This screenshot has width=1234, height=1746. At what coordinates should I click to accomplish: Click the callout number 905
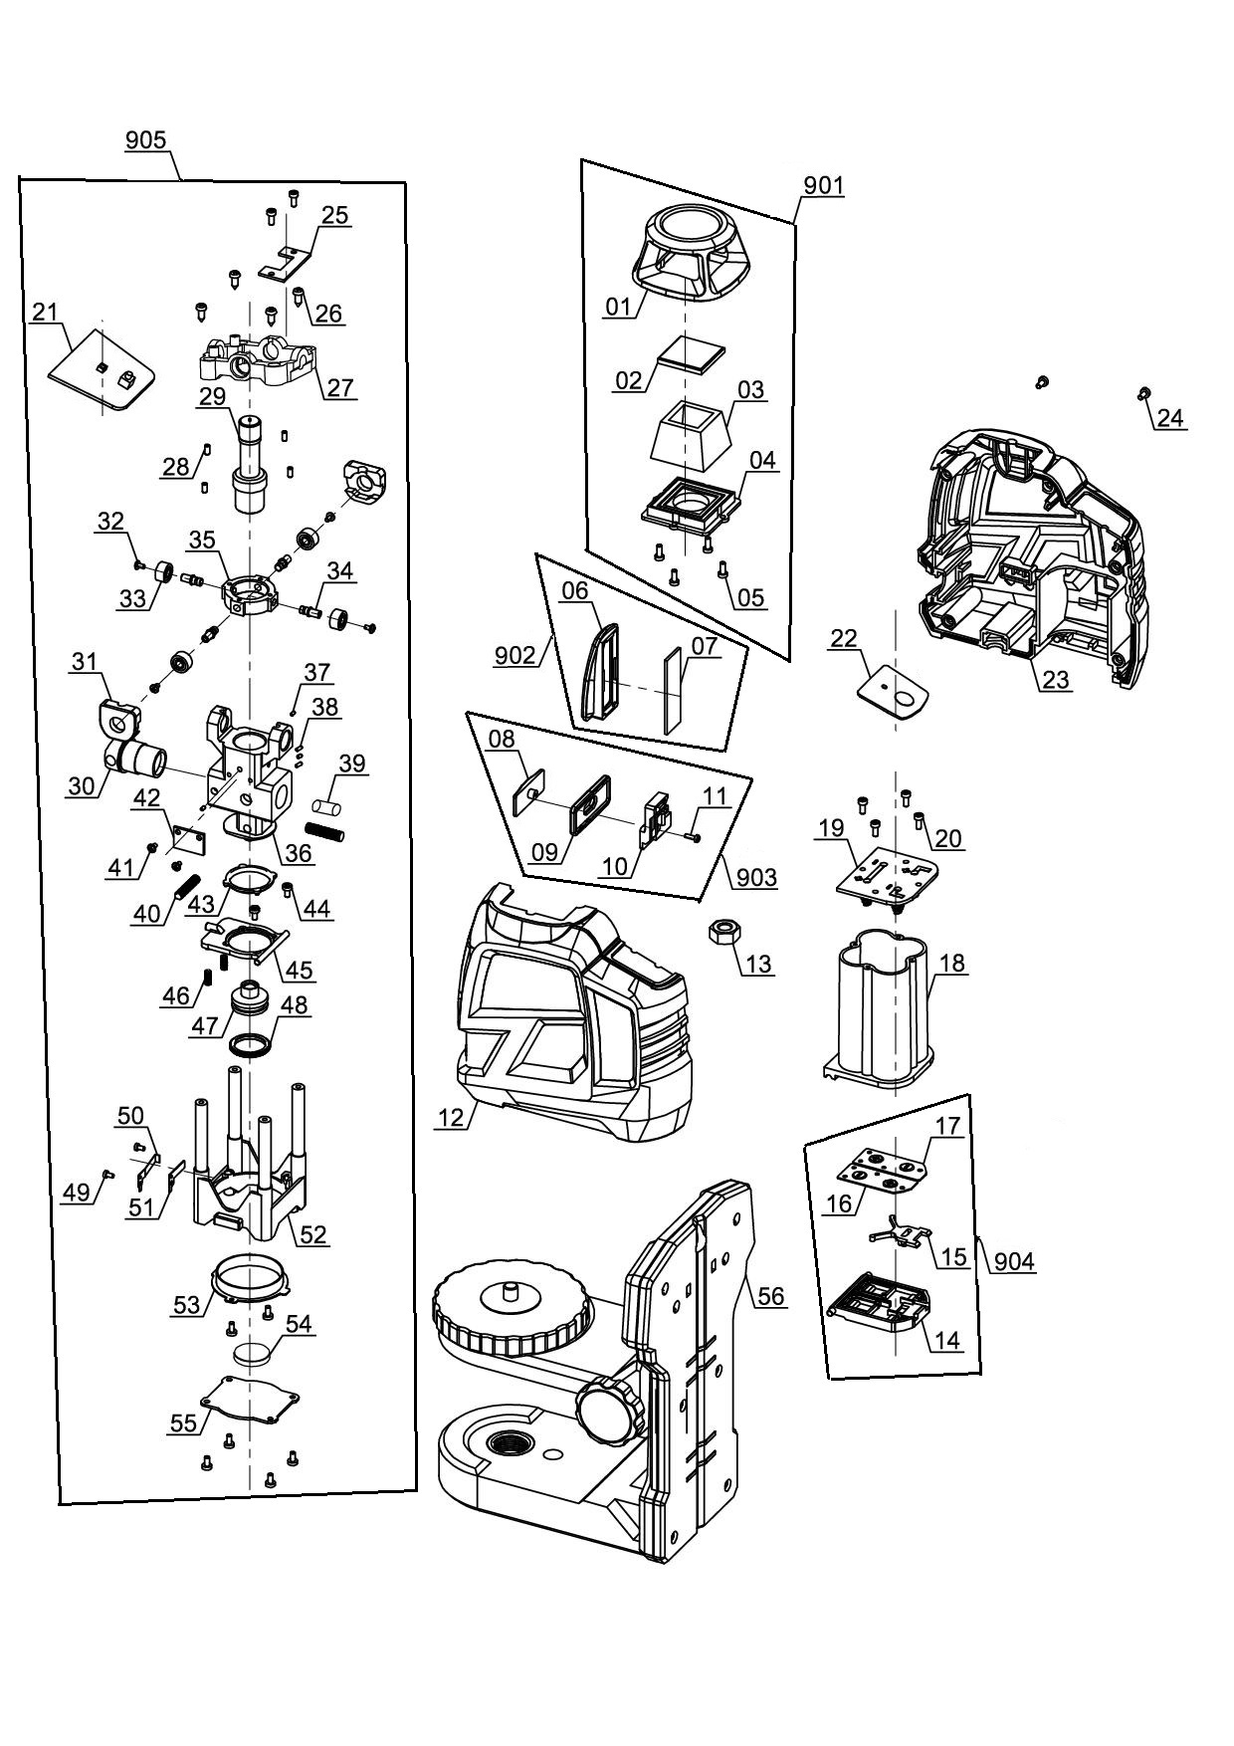pyautogui.click(x=145, y=140)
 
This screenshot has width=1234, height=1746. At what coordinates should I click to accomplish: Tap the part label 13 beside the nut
pyautogui.click(x=758, y=964)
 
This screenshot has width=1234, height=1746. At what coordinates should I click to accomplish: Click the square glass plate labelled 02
pyautogui.click(x=693, y=352)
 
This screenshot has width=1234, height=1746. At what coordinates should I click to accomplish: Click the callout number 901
pyautogui.click(x=823, y=185)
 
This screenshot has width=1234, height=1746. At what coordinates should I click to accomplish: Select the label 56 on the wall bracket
pyautogui.click(x=771, y=1296)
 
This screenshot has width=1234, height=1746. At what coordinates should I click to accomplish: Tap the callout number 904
pyautogui.click(x=1014, y=1261)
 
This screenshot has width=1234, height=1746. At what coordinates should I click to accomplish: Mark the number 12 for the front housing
pyautogui.click(x=451, y=1118)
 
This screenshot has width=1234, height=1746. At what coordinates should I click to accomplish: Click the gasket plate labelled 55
pyautogui.click(x=249, y=1402)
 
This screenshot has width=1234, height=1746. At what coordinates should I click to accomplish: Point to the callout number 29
pyautogui.click(x=211, y=395)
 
